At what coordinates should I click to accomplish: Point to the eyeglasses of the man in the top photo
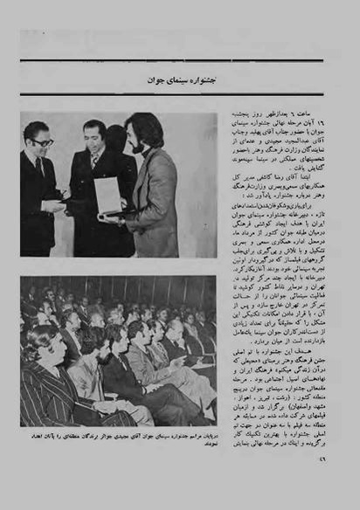tap(41, 141)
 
